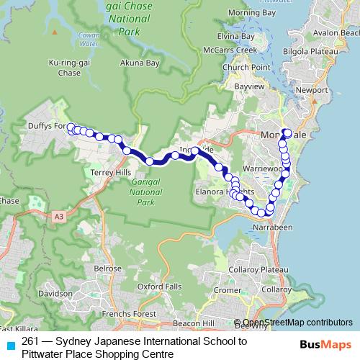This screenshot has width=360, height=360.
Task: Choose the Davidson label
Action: pos(57,294)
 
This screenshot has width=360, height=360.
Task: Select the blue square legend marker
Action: pos(8,344)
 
